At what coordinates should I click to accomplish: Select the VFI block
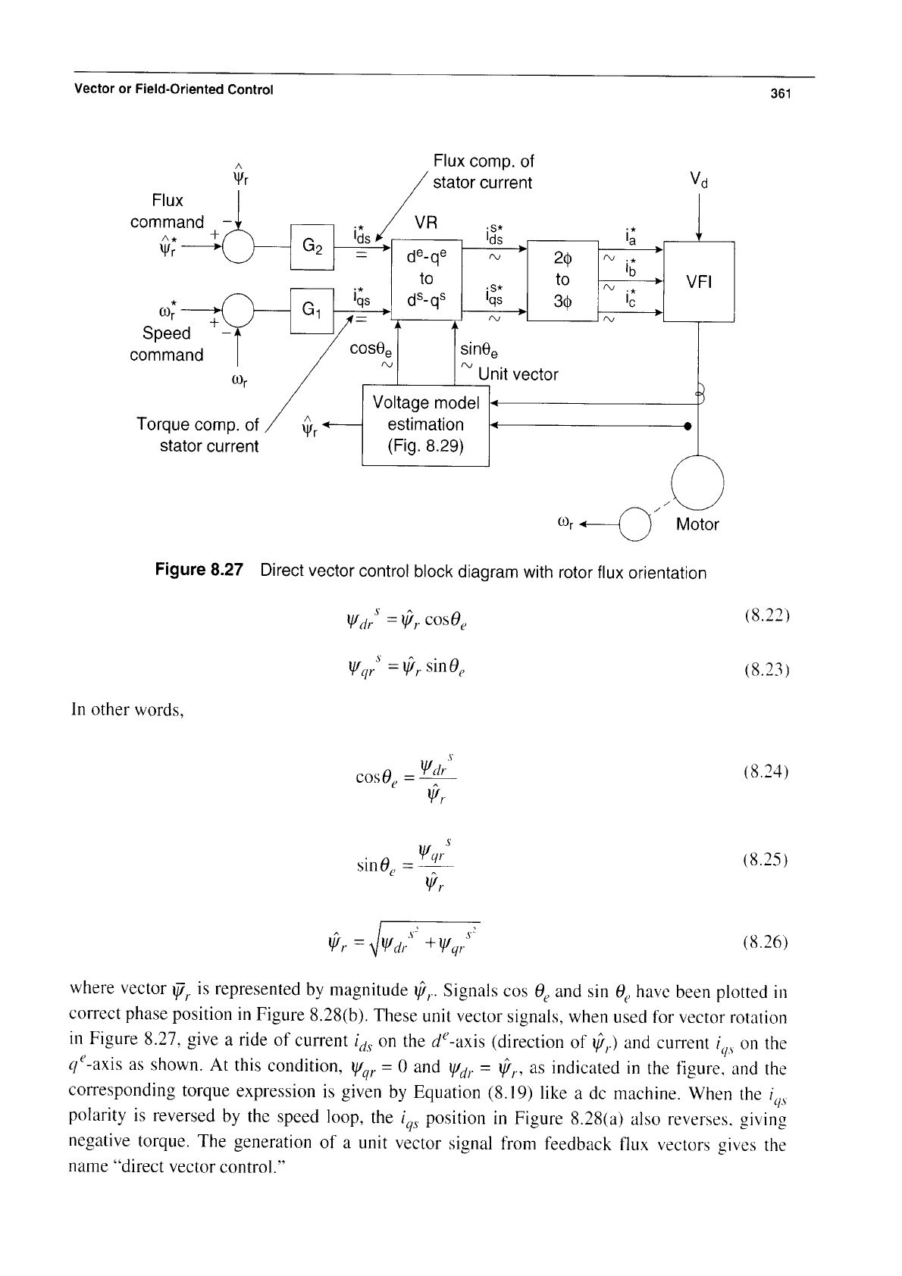pyautogui.click(x=699, y=281)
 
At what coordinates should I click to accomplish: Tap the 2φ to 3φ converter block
pyautogui.click(x=562, y=280)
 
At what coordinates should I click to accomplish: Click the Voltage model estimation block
pyautogui.click(x=426, y=425)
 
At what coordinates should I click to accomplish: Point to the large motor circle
pyautogui.click(x=697, y=483)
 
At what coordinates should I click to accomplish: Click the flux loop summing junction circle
pyautogui.click(x=238, y=247)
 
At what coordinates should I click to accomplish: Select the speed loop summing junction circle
pyautogui.click(x=238, y=311)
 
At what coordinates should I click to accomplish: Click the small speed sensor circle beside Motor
pyautogui.click(x=634, y=524)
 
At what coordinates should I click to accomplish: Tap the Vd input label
pyautogui.click(x=699, y=180)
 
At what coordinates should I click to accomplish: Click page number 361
pyautogui.click(x=781, y=94)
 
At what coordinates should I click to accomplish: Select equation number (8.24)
pyautogui.click(x=766, y=772)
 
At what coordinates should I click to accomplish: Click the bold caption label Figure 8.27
pyautogui.click(x=199, y=570)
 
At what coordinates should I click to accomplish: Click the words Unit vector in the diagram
pyautogui.click(x=518, y=374)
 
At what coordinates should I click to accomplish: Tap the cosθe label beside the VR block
pyautogui.click(x=371, y=349)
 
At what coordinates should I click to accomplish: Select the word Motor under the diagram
pyautogui.click(x=697, y=524)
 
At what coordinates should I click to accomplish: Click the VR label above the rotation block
pyautogui.click(x=426, y=222)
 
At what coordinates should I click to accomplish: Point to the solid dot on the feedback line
pyautogui.click(x=687, y=426)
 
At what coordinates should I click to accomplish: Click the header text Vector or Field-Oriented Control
pyautogui.click(x=174, y=89)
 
